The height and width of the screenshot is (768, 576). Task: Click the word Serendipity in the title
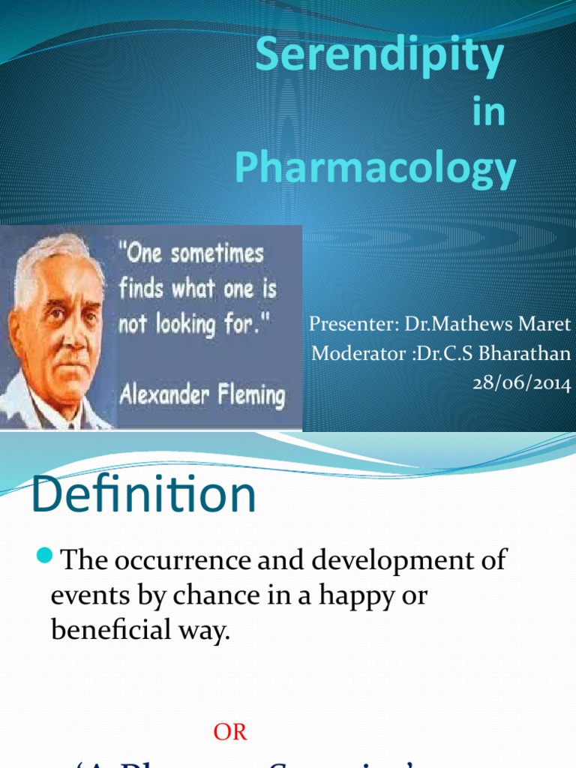(x=379, y=58)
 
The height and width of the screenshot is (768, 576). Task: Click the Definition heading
(x=144, y=495)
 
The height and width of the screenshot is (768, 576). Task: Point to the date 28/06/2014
(x=521, y=384)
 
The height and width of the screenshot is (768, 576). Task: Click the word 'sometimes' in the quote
(x=218, y=253)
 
